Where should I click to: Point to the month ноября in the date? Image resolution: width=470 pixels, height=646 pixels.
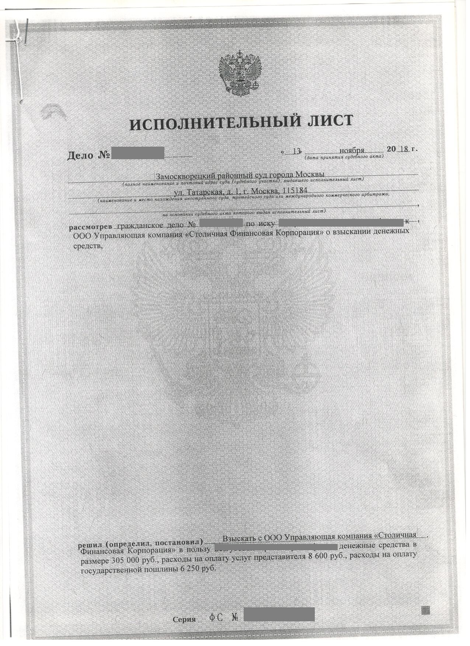pos(352,150)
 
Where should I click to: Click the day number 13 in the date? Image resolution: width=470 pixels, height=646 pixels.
pos(296,151)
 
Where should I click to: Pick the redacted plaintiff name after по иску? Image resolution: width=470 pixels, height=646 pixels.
pos(341,222)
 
